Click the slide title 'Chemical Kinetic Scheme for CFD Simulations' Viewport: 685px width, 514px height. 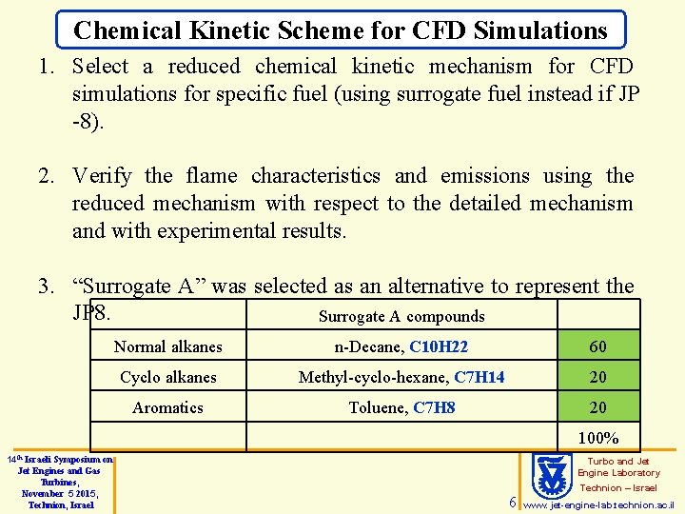341,30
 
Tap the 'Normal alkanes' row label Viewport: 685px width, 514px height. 167,346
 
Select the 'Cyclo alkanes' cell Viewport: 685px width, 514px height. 167,377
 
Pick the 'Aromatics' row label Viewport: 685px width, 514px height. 167,407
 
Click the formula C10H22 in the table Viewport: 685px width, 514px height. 439,346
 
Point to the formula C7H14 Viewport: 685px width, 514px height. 479,377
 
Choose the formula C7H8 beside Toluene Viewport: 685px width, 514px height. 434,407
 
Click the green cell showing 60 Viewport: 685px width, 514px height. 597,346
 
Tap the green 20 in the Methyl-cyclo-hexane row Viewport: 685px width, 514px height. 597,377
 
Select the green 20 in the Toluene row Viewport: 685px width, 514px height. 597,407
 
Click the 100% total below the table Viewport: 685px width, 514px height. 597,438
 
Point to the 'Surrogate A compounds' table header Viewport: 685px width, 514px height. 401,316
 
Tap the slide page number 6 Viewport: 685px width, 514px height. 512,502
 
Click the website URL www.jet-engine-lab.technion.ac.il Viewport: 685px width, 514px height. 599,504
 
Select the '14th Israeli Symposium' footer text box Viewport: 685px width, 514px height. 59,483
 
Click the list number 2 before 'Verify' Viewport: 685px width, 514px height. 45,176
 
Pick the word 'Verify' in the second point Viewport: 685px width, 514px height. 103,176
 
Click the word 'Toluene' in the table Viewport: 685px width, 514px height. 377,407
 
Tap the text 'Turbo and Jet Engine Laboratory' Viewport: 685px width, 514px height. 618,466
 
